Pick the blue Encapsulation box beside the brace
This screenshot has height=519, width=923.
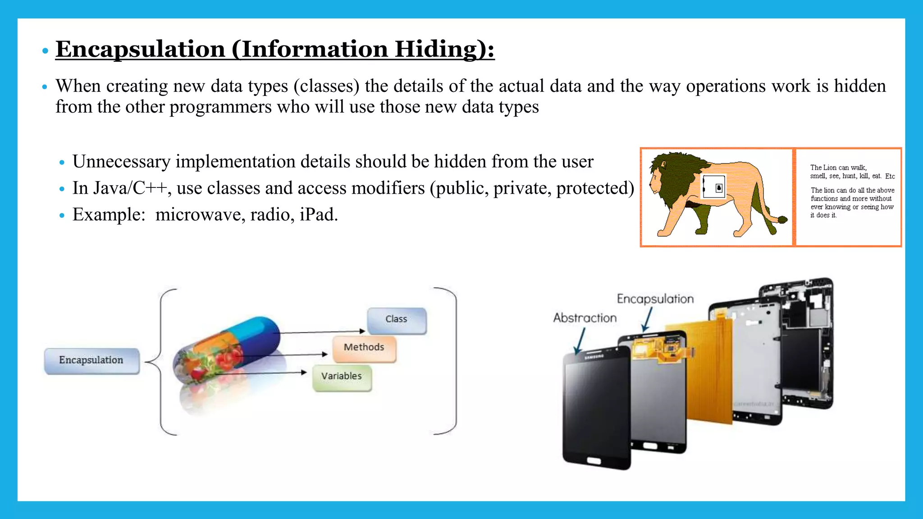click(x=91, y=360)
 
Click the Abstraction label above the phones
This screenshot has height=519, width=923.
click(x=585, y=318)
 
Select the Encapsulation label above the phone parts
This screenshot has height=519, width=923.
click(x=655, y=299)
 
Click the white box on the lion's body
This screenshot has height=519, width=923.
click(x=714, y=187)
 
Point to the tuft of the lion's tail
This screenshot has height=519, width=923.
click(x=782, y=220)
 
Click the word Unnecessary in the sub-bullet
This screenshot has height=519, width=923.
click(x=121, y=162)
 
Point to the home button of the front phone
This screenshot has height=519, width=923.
click(x=594, y=461)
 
